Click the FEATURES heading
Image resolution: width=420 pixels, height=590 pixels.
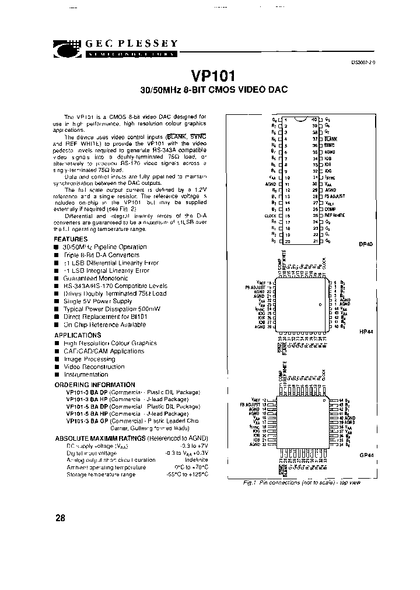(x=71, y=239)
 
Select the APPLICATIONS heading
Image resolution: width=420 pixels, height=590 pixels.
(x=78, y=335)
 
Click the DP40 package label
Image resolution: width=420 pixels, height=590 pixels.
(x=366, y=245)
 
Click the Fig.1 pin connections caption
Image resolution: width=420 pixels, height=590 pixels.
(x=301, y=483)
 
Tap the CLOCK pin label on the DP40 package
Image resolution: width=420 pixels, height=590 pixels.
(x=269, y=215)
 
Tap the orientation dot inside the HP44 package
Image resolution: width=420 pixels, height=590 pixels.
(x=319, y=305)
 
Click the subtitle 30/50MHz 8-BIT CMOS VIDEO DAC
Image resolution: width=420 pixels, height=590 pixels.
(x=214, y=91)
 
